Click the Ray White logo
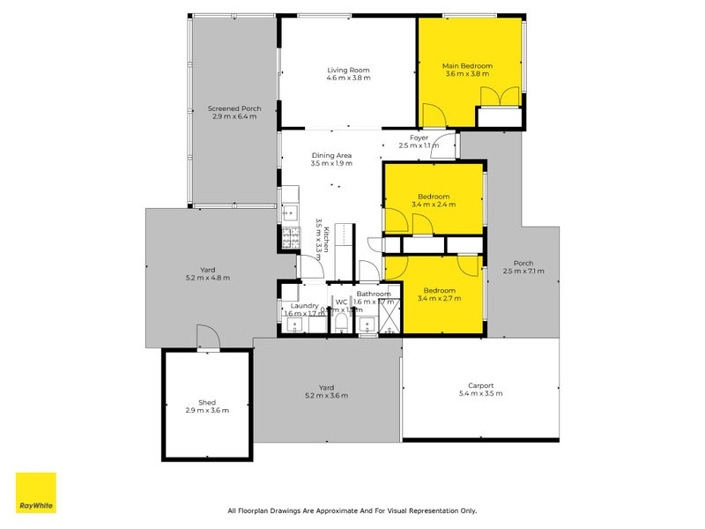[x=36, y=493]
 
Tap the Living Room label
[x=348, y=70]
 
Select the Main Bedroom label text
[x=467, y=66]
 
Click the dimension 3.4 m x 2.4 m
[x=434, y=205]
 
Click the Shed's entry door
[x=206, y=338]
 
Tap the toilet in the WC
[x=341, y=325]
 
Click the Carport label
[x=480, y=385]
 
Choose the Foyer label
[x=419, y=138]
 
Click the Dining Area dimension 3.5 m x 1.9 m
[x=331, y=163]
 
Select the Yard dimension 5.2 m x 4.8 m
[x=208, y=278]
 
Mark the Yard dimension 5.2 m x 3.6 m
[x=325, y=396]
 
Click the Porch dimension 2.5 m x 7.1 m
[x=523, y=272]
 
